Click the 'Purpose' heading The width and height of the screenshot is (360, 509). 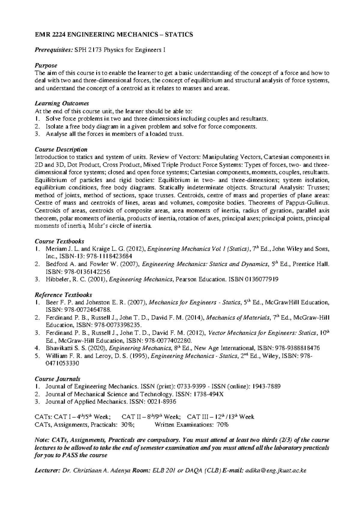coord(46,65)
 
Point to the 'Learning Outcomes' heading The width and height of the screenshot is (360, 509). coord(62,104)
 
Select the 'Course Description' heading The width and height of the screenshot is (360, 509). coord(61,149)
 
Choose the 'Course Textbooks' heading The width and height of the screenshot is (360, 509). coord(59,241)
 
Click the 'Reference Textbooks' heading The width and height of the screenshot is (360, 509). coord(63,295)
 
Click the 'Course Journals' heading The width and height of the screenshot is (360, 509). coord(57,379)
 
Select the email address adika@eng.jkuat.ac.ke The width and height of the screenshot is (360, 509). coord(276,471)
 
